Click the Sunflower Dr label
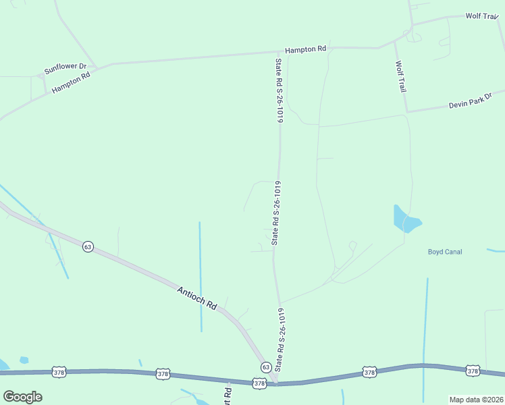coord(65,68)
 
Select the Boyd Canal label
coord(445,252)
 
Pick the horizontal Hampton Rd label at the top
coord(305,49)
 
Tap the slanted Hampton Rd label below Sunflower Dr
coord(71,83)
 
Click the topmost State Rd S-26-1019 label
coord(278,90)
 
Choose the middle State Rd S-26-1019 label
coord(275,213)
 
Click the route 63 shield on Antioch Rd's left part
coord(88,246)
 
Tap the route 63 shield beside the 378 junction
coord(267,367)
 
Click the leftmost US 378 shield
coord(59,373)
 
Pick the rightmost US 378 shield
coord(473,371)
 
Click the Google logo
coord(22,397)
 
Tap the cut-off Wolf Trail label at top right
coord(481,16)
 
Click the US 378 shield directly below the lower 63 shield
coord(260,383)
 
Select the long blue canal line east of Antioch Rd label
coord(201,277)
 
